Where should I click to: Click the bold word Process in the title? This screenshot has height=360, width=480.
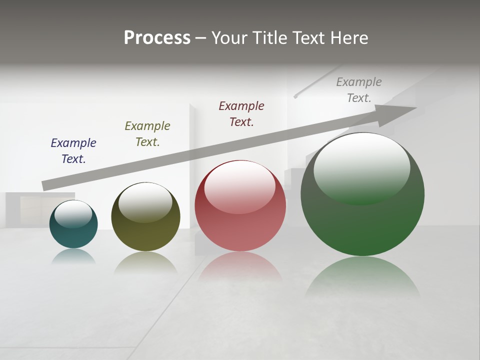click(x=157, y=37)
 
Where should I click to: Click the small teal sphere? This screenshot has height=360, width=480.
click(x=73, y=235)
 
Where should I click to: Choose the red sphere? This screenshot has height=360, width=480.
click(x=240, y=225)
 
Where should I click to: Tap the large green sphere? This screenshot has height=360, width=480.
click(x=362, y=225)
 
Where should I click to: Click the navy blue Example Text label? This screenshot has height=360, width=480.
click(x=73, y=150)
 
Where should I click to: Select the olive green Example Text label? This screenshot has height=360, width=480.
click(x=147, y=133)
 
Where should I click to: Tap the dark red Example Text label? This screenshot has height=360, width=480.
click(x=241, y=113)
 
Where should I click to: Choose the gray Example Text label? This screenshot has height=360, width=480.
click(x=359, y=89)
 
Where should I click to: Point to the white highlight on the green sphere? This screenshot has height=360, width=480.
click(x=361, y=167)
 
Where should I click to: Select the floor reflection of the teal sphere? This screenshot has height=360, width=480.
click(x=73, y=256)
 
